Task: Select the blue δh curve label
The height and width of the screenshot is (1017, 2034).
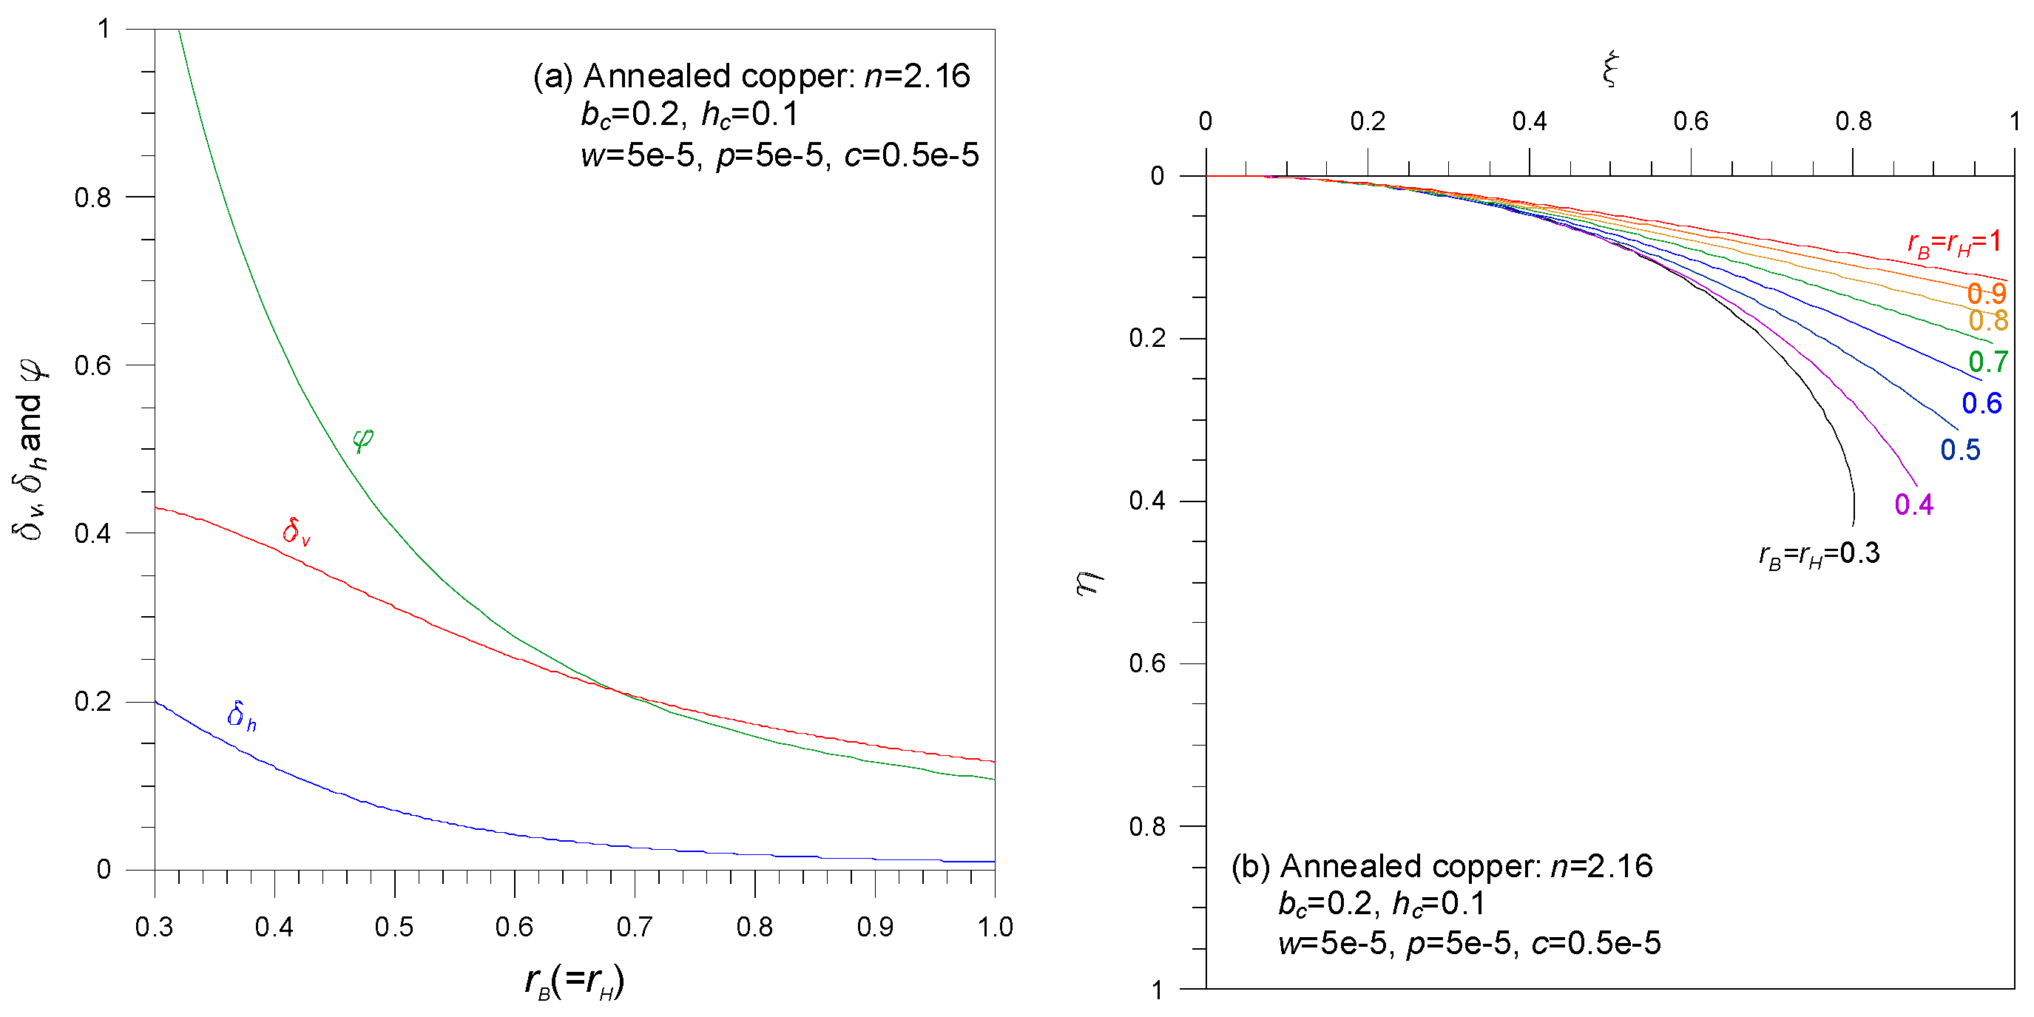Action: pos(241,715)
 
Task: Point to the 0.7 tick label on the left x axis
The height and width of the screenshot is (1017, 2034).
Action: pos(634,926)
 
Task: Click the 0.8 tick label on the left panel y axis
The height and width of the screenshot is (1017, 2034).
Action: pos(92,197)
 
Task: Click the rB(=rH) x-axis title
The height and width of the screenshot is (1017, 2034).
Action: pos(574,981)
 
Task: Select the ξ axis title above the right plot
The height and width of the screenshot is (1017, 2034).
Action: pos(1610,70)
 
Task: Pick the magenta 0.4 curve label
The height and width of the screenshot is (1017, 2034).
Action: pos(1913,504)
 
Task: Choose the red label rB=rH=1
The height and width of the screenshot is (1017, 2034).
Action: pos(1954,242)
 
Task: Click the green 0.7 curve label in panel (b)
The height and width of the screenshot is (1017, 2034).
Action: pos(1987,362)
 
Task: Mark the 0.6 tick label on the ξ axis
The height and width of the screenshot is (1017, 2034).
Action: pos(1690,121)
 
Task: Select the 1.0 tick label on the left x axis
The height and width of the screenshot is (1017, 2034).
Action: pos(994,926)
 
